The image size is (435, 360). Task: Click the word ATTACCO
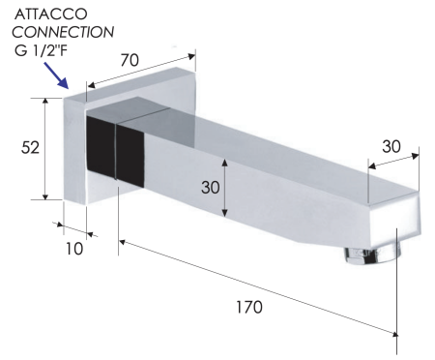pos(50,14)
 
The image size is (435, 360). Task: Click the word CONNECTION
pos(63,32)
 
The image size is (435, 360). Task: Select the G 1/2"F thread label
pos(41,50)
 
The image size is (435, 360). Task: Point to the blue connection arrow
pos(56,75)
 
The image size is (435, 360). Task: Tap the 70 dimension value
pos(130,60)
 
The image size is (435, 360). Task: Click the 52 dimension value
pos(30,147)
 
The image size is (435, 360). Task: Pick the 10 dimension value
pos(74,249)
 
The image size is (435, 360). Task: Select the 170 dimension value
pos(249,307)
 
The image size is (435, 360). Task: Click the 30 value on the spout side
pos(211,187)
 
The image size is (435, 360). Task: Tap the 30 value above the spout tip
pos(391,146)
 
